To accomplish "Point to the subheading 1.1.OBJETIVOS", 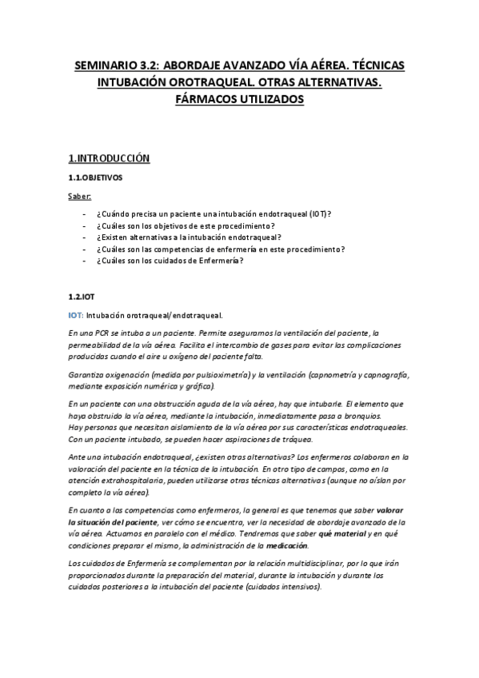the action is [x=95, y=177].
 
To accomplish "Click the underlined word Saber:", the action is [x=80, y=196].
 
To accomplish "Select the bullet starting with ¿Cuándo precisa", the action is [x=214, y=215].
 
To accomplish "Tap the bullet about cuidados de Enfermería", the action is [x=169, y=260].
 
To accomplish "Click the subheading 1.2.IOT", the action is [x=82, y=296].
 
